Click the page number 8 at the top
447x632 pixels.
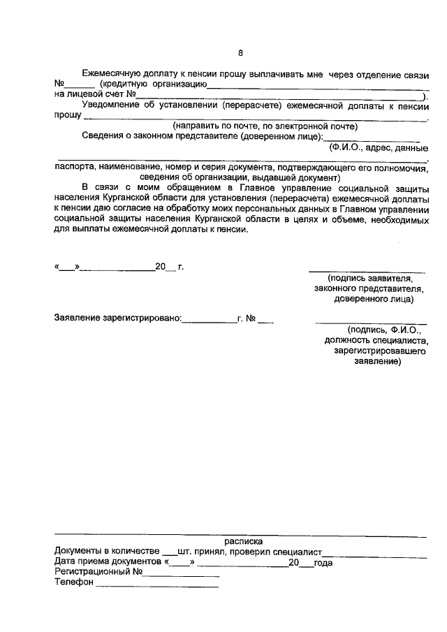240,53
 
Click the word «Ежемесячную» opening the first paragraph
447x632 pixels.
112,74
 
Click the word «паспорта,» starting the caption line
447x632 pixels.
74,168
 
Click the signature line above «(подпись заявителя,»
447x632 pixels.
367,270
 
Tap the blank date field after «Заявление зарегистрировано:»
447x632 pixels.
209,322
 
